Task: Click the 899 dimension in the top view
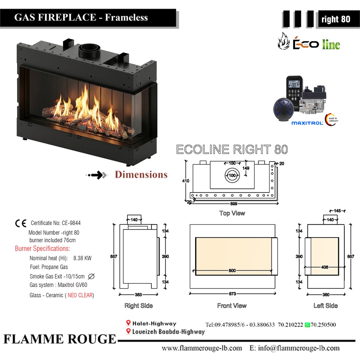pyautogui.click(x=233, y=204)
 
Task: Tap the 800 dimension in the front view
pyautogui.click(x=232, y=271)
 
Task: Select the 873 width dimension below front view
pyautogui.click(x=232, y=294)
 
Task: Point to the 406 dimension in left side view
pyautogui.click(x=325, y=267)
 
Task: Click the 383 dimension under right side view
pyautogui.click(x=138, y=295)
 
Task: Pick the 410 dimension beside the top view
pyautogui.click(x=185, y=181)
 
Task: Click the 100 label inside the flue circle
pyautogui.click(x=232, y=175)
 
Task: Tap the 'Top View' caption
pyautogui.click(x=232, y=213)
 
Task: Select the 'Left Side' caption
pyautogui.click(x=325, y=306)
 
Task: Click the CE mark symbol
pyautogui.click(x=21, y=223)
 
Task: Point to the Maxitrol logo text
pyautogui.click(x=307, y=123)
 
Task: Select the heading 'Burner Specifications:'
pyautogui.click(x=42, y=248)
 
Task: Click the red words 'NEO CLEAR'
pyautogui.click(x=80, y=295)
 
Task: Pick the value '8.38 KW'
pyautogui.click(x=82, y=258)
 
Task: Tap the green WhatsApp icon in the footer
pyautogui.click(x=307, y=325)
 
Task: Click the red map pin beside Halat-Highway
pyautogui.click(x=128, y=323)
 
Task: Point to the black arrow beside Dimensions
pyautogui.click(x=97, y=175)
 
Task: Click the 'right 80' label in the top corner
pyautogui.click(x=336, y=19)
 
